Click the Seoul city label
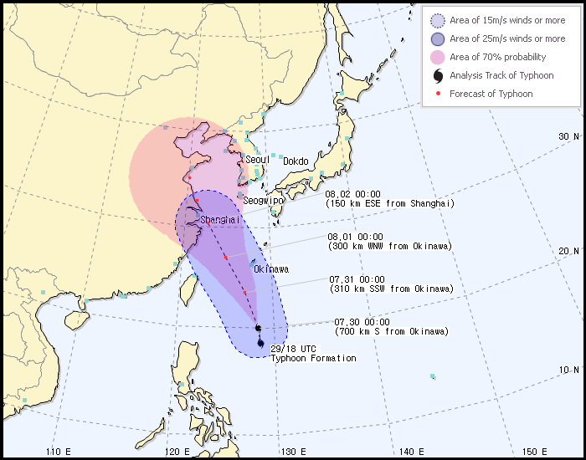click(x=257, y=160)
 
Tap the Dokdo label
click(x=296, y=161)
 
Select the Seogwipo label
click(x=264, y=201)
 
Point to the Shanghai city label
click(x=220, y=220)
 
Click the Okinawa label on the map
click(x=271, y=269)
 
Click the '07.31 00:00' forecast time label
click(x=357, y=279)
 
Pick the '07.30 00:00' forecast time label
click(x=362, y=321)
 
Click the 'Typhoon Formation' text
click(x=313, y=359)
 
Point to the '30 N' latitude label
click(x=568, y=136)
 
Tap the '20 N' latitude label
click(x=569, y=251)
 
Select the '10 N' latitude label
click(x=569, y=370)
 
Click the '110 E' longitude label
click(x=58, y=452)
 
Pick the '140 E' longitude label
click(x=411, y=452)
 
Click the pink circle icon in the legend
click(x=438, y=57)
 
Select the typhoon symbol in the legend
click(x=438, y=75)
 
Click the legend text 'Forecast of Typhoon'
click(x=491, y=94)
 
